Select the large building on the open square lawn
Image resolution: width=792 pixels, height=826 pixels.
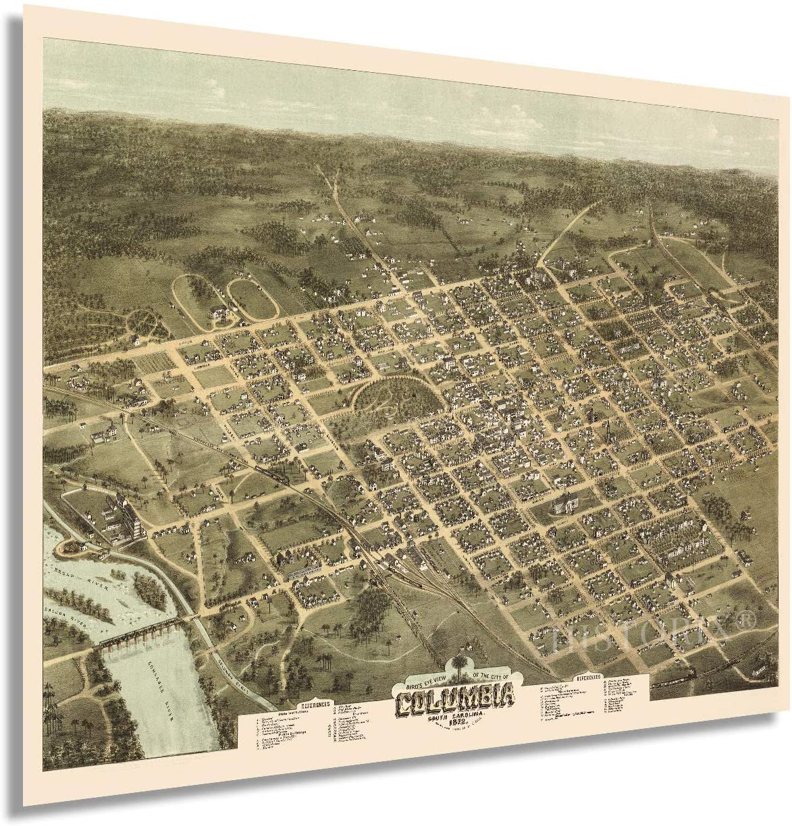[x=564, y=503]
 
